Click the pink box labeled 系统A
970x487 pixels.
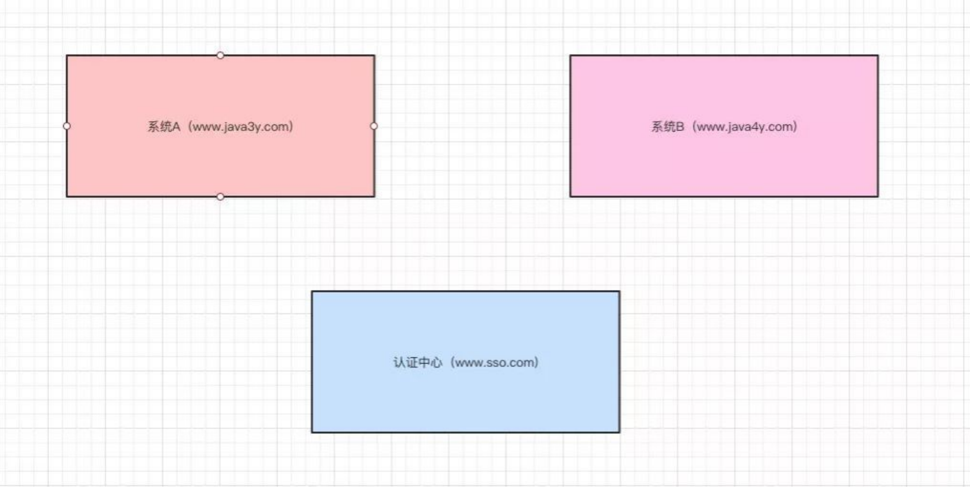click(220, 163)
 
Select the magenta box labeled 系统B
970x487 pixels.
click(724, 163)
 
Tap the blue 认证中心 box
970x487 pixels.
click(465, 398)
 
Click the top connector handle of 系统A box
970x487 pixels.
click(220, 55)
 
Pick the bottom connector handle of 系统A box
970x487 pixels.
click(220, 197)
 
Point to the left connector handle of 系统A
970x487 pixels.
click(67, 126)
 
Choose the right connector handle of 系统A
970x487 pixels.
click(374, 126)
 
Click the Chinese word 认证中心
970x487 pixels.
click(417, 362)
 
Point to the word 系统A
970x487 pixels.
click(163, 127)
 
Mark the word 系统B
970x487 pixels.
click(668, 127)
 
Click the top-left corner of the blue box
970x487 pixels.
click(312, 291)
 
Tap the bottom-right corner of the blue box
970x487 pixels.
click(620, 432)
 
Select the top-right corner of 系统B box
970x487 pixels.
click(878, 56)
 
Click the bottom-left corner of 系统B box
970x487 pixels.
click(570, 196)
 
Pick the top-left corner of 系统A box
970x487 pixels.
click(67, 56)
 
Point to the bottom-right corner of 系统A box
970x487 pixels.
click(374, 196)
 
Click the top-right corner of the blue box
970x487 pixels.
click(620, 291)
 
